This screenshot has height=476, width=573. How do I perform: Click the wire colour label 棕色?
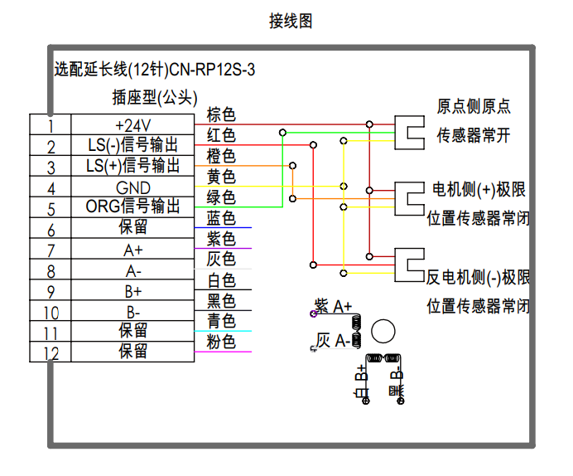tap(221, 114)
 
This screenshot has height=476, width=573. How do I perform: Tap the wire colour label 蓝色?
tap(221, 218)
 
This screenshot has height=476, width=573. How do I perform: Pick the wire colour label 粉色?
tap(221, 342)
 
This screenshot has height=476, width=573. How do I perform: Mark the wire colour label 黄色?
tap(221, 177)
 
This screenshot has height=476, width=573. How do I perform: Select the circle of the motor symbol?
tap(383, 332)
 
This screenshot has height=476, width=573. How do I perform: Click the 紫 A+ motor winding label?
tap(334, 307)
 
